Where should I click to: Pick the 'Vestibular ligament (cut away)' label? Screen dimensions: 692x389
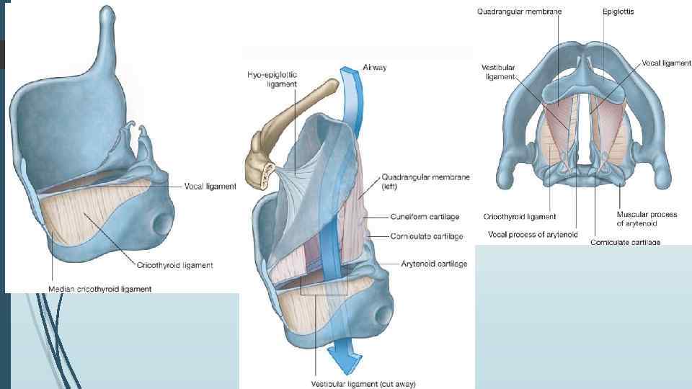[x=363, y=383]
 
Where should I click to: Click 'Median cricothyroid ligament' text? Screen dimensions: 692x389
[x=100, y=290]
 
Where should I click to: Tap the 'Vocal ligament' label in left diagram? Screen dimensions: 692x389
[x=209, y=187]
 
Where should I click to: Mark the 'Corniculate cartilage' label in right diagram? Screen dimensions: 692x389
[x=626, y=242]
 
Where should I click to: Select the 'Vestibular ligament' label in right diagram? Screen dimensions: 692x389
[x=497, y=71]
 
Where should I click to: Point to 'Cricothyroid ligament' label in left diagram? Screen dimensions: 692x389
[x=177, y=265]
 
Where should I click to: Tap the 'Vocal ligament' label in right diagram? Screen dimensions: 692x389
[x=666, y=63]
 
